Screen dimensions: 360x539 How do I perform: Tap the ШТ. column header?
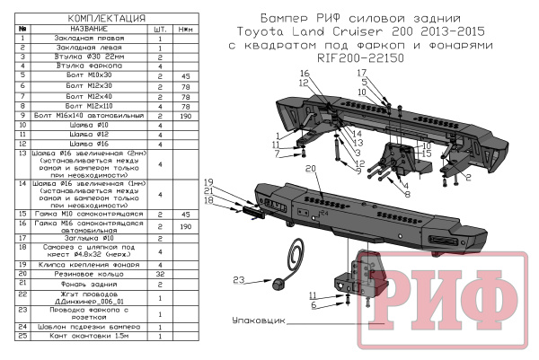pyautogui.click(x=159, y=29)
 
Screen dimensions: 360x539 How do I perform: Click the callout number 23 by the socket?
pyautogui.click(x=239, y=281)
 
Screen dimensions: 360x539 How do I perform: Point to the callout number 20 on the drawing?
pyautogui.click(x=311, y=169)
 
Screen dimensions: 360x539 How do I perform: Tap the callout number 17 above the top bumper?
pyautogui.click(x=363, y=72)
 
